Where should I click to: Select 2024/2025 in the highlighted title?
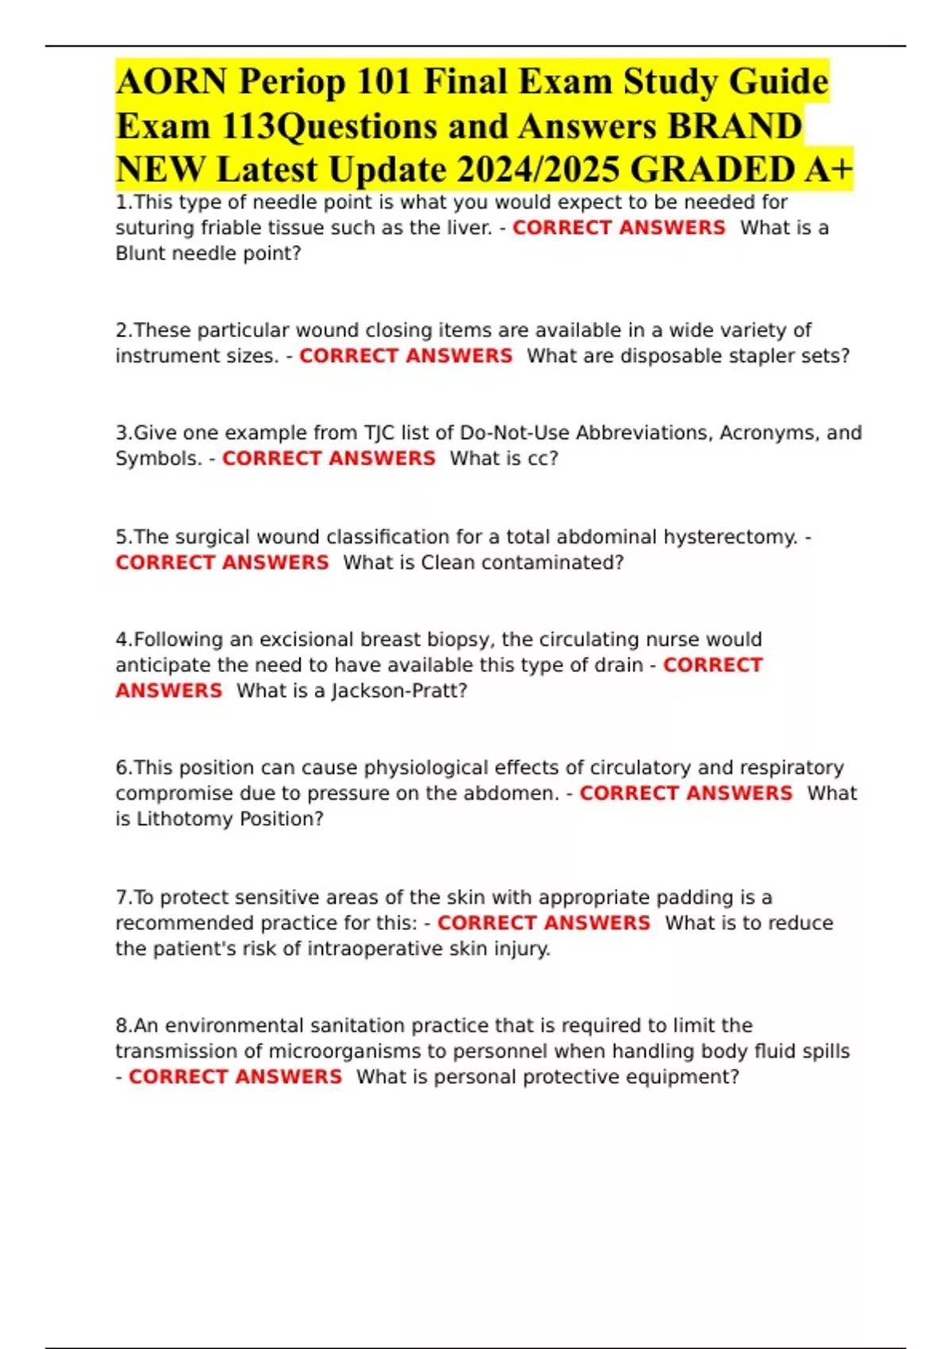537,169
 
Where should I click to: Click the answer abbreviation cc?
543,458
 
